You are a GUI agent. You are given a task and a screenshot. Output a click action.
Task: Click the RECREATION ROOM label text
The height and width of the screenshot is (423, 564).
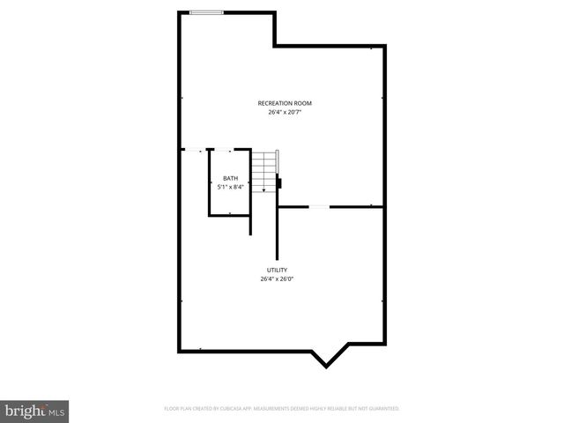(285, 103)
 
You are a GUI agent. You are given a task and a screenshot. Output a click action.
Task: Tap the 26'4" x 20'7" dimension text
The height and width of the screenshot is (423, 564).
(285, 112)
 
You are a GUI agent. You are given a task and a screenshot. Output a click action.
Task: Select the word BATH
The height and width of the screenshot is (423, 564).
(230, 178)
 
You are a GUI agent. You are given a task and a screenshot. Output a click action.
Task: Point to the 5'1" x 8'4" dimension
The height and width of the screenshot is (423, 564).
(230, 187)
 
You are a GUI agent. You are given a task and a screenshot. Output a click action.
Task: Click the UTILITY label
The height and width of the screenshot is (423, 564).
(278, 270)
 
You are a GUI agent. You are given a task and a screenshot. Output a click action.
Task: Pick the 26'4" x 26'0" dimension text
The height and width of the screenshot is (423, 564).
(278, 278)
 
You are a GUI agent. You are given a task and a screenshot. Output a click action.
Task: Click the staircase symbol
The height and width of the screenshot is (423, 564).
(264, 170)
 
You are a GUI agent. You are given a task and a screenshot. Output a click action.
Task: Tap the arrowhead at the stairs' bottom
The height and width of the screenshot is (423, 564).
(263, 189)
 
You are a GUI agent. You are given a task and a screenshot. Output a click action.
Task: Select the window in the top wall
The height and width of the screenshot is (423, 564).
(206, 12)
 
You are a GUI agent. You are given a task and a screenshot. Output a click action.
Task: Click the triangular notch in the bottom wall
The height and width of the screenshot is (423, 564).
(328, 358)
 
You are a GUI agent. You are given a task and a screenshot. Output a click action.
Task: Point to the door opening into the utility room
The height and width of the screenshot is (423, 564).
(319, 207)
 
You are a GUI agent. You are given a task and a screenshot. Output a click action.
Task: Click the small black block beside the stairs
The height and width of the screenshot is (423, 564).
(279, 183)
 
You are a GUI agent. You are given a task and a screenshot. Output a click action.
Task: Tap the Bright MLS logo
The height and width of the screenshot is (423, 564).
(35, 410)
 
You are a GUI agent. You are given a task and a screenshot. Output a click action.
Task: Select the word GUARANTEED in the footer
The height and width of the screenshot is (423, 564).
(383, 409)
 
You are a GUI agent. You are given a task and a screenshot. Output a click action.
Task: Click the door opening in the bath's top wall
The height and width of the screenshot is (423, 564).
(226, 151)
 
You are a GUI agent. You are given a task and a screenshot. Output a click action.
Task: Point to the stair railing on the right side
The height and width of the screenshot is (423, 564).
(278, 163)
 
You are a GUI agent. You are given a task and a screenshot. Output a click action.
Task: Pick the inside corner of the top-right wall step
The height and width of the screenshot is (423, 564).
(276, 45)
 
